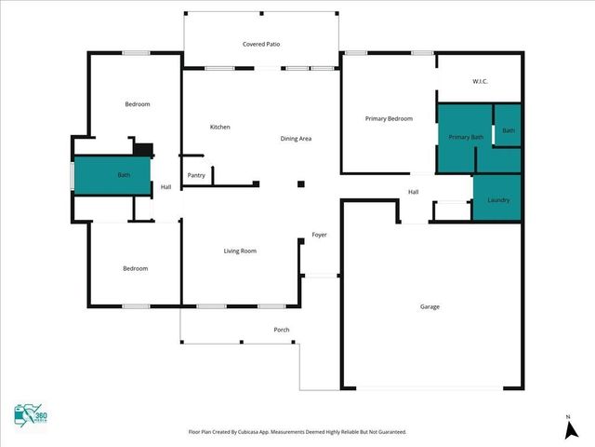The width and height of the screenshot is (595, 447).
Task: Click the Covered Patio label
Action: (x=261, y=44)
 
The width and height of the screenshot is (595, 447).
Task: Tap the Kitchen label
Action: (x=219, y=127)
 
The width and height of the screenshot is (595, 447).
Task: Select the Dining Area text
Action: (x=296, y=139)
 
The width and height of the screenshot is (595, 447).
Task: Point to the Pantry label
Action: (x=196, y=175)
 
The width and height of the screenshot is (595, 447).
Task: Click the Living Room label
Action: (x=240, y=251)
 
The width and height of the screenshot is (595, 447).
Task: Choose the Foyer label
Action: (x=319, y=235)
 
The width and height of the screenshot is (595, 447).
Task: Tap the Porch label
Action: (x=282, y=331)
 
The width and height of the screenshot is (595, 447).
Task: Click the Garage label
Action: (x=430, y=306)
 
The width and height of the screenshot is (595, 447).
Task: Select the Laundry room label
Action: (x=498, y=200)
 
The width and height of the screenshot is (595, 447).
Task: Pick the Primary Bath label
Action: (x=466, y=137)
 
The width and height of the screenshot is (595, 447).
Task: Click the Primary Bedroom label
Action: (x=389, y=118)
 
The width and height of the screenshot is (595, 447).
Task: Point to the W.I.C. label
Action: (x=480, y=82)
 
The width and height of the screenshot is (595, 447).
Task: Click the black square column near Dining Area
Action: (x=300, y=184)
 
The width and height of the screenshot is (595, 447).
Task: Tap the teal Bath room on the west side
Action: (x=113, y=175)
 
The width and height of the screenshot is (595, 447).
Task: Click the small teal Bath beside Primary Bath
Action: (x=508, y=130)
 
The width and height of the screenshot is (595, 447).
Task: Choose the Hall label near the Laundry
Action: (x=413, y=192)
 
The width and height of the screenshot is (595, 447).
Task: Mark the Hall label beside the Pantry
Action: (x=165, y=187)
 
